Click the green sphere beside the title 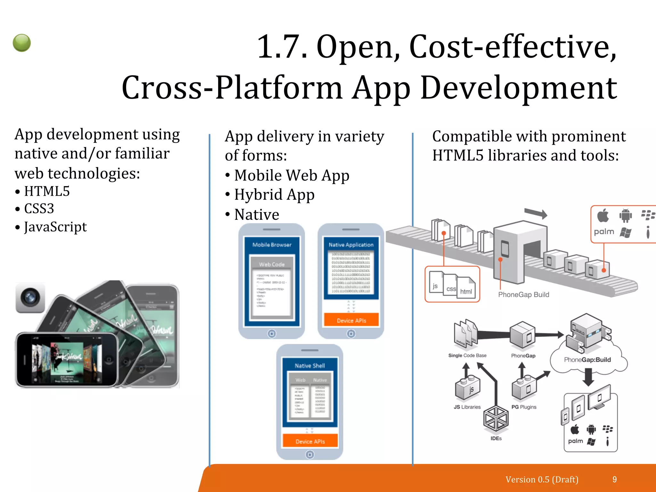(x=22, y=43)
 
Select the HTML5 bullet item (x=47, y=191)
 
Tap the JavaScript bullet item (x=55, y=227)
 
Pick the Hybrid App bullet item (x=274, y=195)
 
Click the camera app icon (x=30, y=298)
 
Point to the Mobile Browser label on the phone (x=272, y=245)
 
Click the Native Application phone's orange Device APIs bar (x=351, y=320)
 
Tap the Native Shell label (x=310, y=366)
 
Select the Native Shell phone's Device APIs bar (x=310, y=441)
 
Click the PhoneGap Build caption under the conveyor (x=523, y=295)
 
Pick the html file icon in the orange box (x=466, y=288)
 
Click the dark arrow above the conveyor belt (x=536, y=213)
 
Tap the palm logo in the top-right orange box (x=604, y=232)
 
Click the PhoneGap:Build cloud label (x=587, y=360)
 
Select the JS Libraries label (x=467, y=407)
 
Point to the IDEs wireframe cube (x=496, y=418)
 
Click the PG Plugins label (x=524, y=407)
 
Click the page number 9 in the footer (x=614, y=480)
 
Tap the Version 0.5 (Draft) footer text (x=542, y=480)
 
